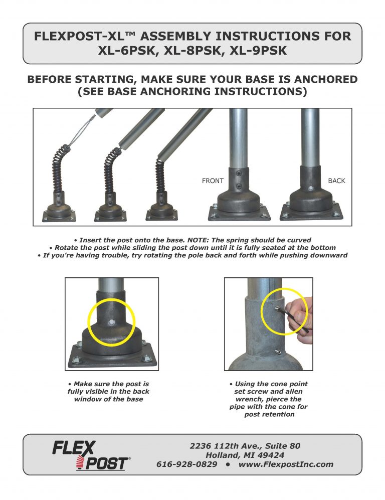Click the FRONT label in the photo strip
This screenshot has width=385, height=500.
click(x=213, y=181)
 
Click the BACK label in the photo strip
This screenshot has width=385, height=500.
click(x=336, y=181)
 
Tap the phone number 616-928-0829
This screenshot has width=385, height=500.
click(x=186, y=464)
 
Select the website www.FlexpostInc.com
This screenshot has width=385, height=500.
click(x=286, y=464)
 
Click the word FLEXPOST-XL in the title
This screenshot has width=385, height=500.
click(x=85, y=37)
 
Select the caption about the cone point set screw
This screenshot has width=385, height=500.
click(x=268, y=399)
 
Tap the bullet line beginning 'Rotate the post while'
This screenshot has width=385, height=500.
click(x=192, y=248)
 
